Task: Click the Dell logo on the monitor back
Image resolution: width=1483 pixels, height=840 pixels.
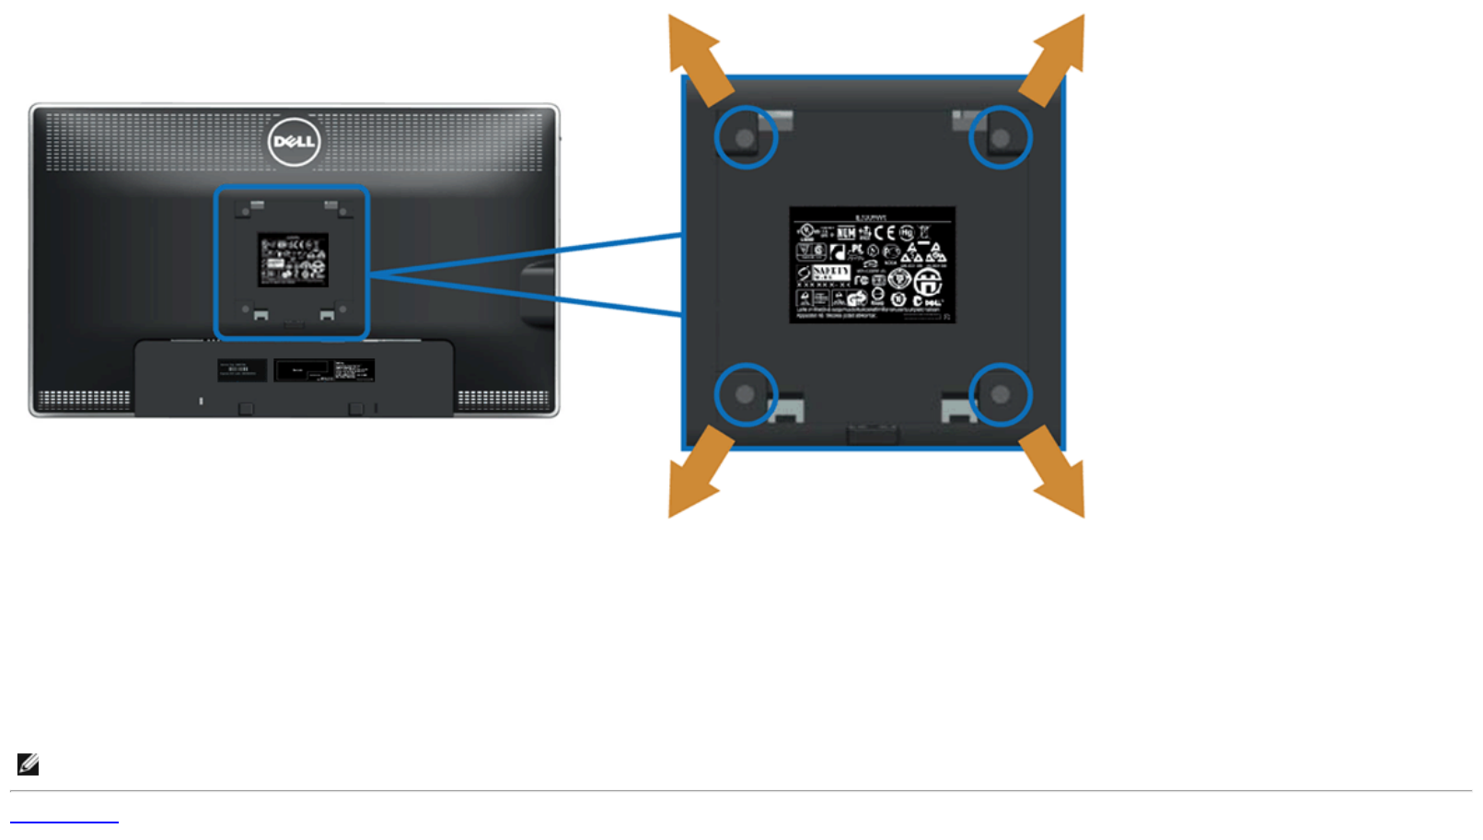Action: coord(294,142)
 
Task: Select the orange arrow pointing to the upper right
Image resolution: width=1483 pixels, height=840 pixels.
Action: coord(1054,58)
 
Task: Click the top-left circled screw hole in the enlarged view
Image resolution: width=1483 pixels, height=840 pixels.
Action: coord(745,138)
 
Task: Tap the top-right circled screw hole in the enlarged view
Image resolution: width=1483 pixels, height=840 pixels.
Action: coord(1001,138)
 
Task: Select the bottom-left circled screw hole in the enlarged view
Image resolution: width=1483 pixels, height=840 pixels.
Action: coord(745,394)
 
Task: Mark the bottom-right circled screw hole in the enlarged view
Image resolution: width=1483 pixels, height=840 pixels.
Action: coord(1001,394)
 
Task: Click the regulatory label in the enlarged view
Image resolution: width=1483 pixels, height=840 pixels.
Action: coord(872,265)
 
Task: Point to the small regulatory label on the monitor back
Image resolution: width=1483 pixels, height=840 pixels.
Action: coord(293,260)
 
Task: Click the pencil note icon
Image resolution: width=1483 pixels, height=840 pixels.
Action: coord(28,764)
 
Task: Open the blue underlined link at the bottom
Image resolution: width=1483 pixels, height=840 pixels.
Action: coord(64,818)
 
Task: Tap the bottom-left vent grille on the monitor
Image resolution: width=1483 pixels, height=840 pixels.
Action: coord(85,399)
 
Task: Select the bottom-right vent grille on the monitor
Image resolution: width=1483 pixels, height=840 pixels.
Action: coord(503,399)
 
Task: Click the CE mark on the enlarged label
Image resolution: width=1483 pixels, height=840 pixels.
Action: coord(885,232)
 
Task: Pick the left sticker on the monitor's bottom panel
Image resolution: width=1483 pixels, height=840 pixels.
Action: coord(242,369)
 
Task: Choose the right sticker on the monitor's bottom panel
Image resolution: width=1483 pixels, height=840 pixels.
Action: coord(324,370)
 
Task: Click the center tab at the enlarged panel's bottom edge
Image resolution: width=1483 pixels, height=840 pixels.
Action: coord(873,434)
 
